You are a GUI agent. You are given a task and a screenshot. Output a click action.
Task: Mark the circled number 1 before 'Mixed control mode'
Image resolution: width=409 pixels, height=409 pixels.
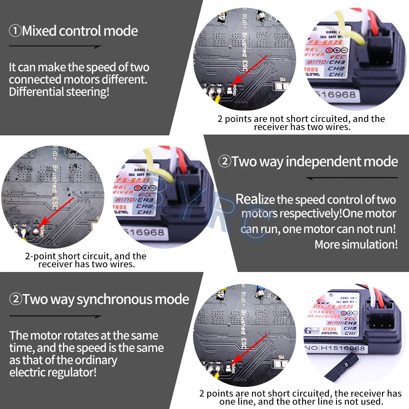(15, 31)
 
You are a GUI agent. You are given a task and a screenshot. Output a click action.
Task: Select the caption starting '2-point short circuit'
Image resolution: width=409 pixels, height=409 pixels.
(86, 260)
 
